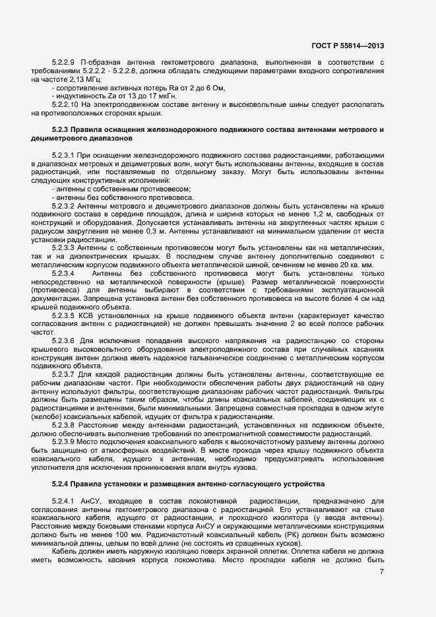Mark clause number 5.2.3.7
point(63,373)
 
